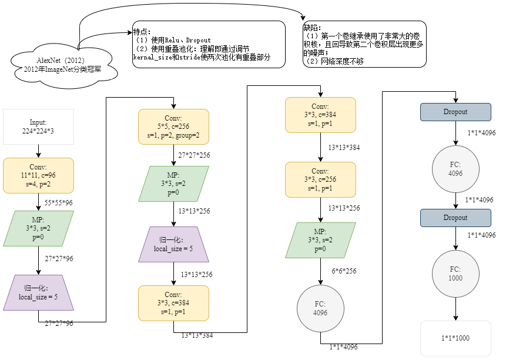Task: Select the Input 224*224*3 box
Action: [38, 126]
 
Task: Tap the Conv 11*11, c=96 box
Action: [38, 175]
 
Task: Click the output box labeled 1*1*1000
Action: [455, 338]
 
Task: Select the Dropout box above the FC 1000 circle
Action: [455, 218]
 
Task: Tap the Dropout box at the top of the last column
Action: [455, 112]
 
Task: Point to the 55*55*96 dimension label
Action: [59, 202]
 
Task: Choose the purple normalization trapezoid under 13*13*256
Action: [173, 245]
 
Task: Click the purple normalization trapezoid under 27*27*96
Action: [38, 292]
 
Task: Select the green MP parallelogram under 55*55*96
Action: [38, 228]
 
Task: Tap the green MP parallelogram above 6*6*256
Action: [320, 240]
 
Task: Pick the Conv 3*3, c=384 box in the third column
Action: [320, 115]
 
